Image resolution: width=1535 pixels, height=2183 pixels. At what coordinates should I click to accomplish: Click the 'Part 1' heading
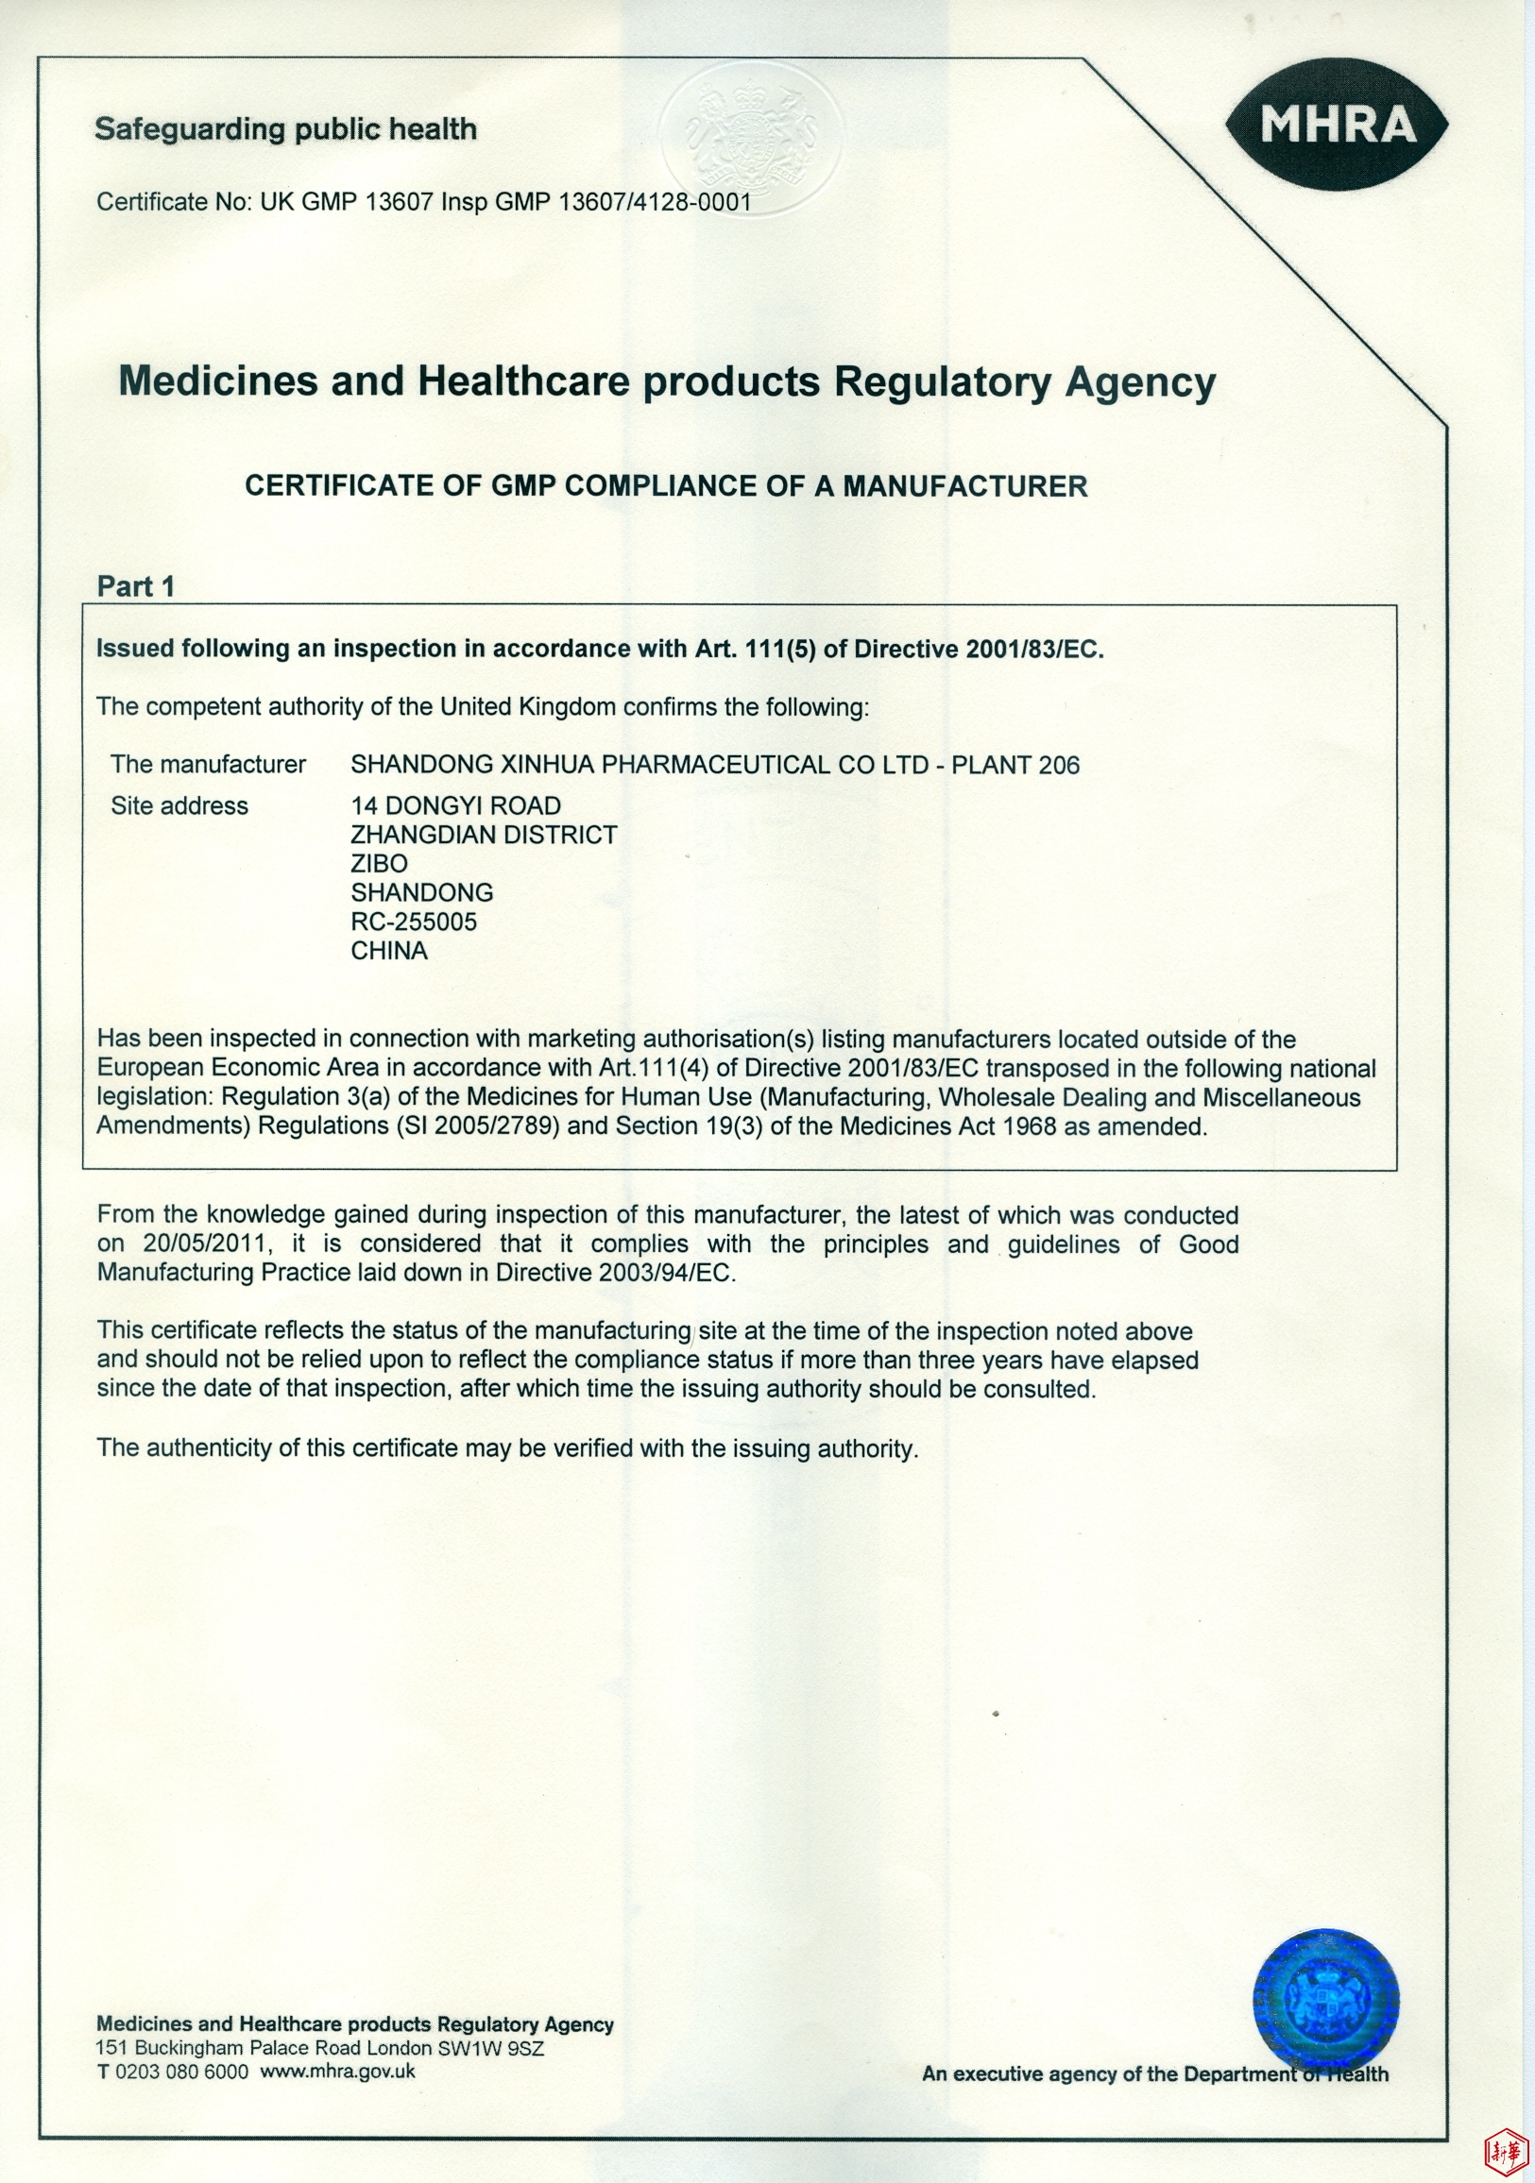point(136,586)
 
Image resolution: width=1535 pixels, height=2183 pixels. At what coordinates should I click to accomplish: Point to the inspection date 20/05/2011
point(205,1244)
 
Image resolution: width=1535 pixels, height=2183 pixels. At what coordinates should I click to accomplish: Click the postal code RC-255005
point(414,922)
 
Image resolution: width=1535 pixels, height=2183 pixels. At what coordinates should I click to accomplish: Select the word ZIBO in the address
point(380,863)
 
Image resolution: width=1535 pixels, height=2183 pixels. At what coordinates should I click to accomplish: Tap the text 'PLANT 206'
point(1015,766)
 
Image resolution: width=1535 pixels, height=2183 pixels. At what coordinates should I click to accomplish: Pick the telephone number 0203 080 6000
point(181,2072)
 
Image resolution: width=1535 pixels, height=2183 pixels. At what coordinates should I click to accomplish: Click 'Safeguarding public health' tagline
point(285,129)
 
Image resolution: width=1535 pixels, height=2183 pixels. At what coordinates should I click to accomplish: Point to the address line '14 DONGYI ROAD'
point(455,805)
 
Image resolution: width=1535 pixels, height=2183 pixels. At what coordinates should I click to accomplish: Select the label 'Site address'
point(179,805)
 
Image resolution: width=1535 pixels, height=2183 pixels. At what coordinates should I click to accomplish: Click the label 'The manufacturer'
point(208,765)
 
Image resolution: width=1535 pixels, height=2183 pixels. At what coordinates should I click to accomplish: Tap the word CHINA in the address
point(389,951)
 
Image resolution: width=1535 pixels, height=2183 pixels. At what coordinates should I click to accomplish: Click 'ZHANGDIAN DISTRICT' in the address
point(484,835)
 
